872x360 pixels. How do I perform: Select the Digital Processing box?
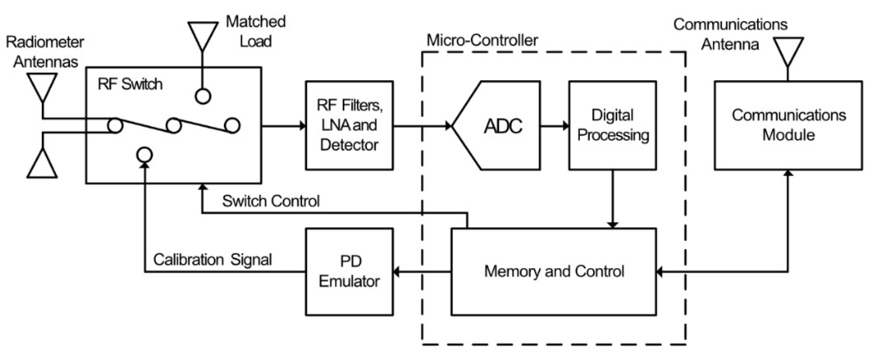pyautogui.click(x=613, y=125)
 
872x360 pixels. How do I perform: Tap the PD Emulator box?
pyautogui.click(x=349, y=272)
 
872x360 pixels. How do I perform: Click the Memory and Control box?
pyautogui.click(x=554, y=272)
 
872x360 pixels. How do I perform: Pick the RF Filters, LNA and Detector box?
pyautogui.click(x=349, y=125)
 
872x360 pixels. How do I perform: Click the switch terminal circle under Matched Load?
pyautogui.click(x=203, y=96)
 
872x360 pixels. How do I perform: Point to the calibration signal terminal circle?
pyautogui.click(x=145, y=155)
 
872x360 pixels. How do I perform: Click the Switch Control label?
pyautogui.click(x=271, y=201)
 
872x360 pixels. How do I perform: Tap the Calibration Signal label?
pyautogui.click(x=213, y=260)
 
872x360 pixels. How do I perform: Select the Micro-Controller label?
pyautogui.click(x=482, y=41)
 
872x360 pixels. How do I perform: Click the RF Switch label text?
pyautogui.click(x=130, y=84)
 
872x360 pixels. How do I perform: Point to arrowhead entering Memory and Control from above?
pyautogui.click(x=613, y=225)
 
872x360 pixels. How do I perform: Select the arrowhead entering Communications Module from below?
pyautogui.click(x=788, y=173)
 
